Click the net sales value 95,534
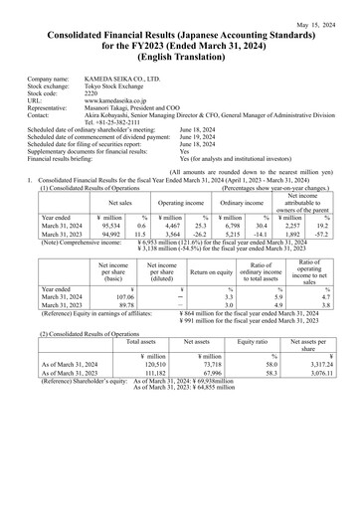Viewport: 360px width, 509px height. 117,199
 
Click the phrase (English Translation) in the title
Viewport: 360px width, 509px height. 179,58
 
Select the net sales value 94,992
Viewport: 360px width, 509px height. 117,209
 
